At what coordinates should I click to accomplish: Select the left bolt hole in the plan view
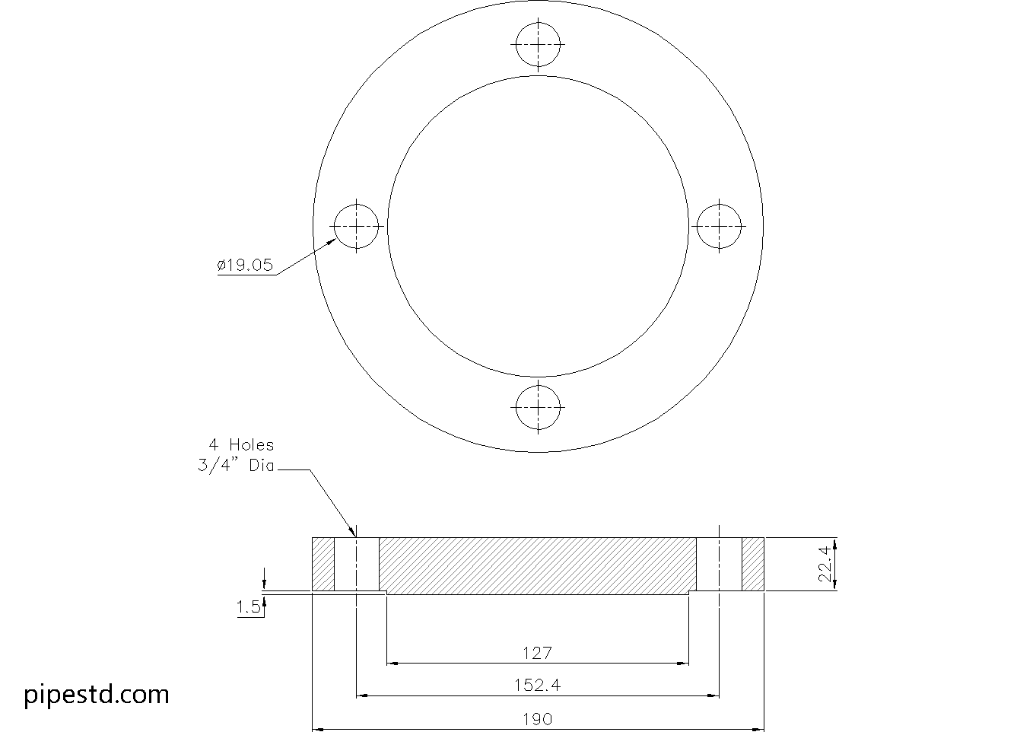[357, 226]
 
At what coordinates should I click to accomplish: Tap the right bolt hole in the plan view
[719, 226]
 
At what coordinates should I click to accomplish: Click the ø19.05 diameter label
[245, 266]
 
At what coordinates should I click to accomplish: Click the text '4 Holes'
[241, 445]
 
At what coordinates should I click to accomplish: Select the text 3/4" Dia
[235, 466]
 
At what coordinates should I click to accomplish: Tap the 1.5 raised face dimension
[248, 606]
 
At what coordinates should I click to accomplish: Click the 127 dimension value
[537, 653]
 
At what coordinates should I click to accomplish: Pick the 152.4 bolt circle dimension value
[537, 685]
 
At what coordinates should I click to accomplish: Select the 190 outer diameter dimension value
[537, 719]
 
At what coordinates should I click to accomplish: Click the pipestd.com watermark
[97, 694]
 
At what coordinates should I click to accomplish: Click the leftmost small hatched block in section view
[323, 564]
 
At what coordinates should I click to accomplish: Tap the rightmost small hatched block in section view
[753, 564]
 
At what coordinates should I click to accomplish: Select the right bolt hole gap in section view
[719, 564]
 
